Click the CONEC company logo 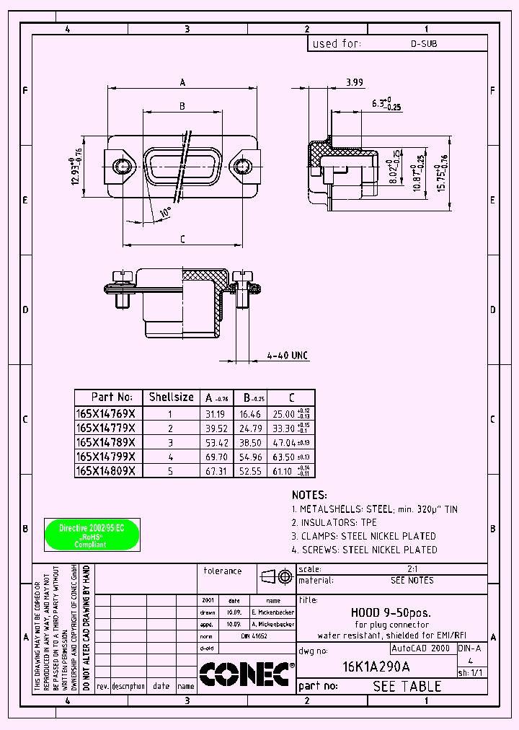pos(245,674)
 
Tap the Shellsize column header pos(171,397)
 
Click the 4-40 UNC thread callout pos(288,356)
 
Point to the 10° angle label pos(165,214)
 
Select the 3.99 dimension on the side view pos(354,83)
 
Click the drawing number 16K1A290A pos(376,667)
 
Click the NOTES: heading pos(309,496)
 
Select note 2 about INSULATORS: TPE pos(334,522)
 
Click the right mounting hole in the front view pos(241,167)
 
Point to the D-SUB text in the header pos(424,44)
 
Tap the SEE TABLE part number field pos(407,686)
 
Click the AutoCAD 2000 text pos(420,648)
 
